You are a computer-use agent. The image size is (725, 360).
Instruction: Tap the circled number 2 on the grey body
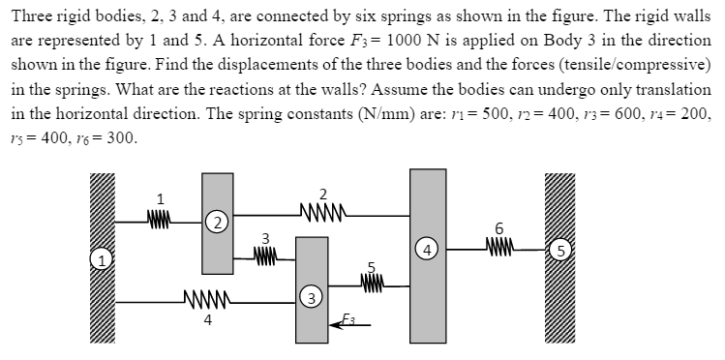click(x=219, y=223)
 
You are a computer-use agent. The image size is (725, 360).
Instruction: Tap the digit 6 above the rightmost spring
click(x=499, y=227)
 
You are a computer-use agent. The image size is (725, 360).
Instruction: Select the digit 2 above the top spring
click(x=322, y=190)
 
